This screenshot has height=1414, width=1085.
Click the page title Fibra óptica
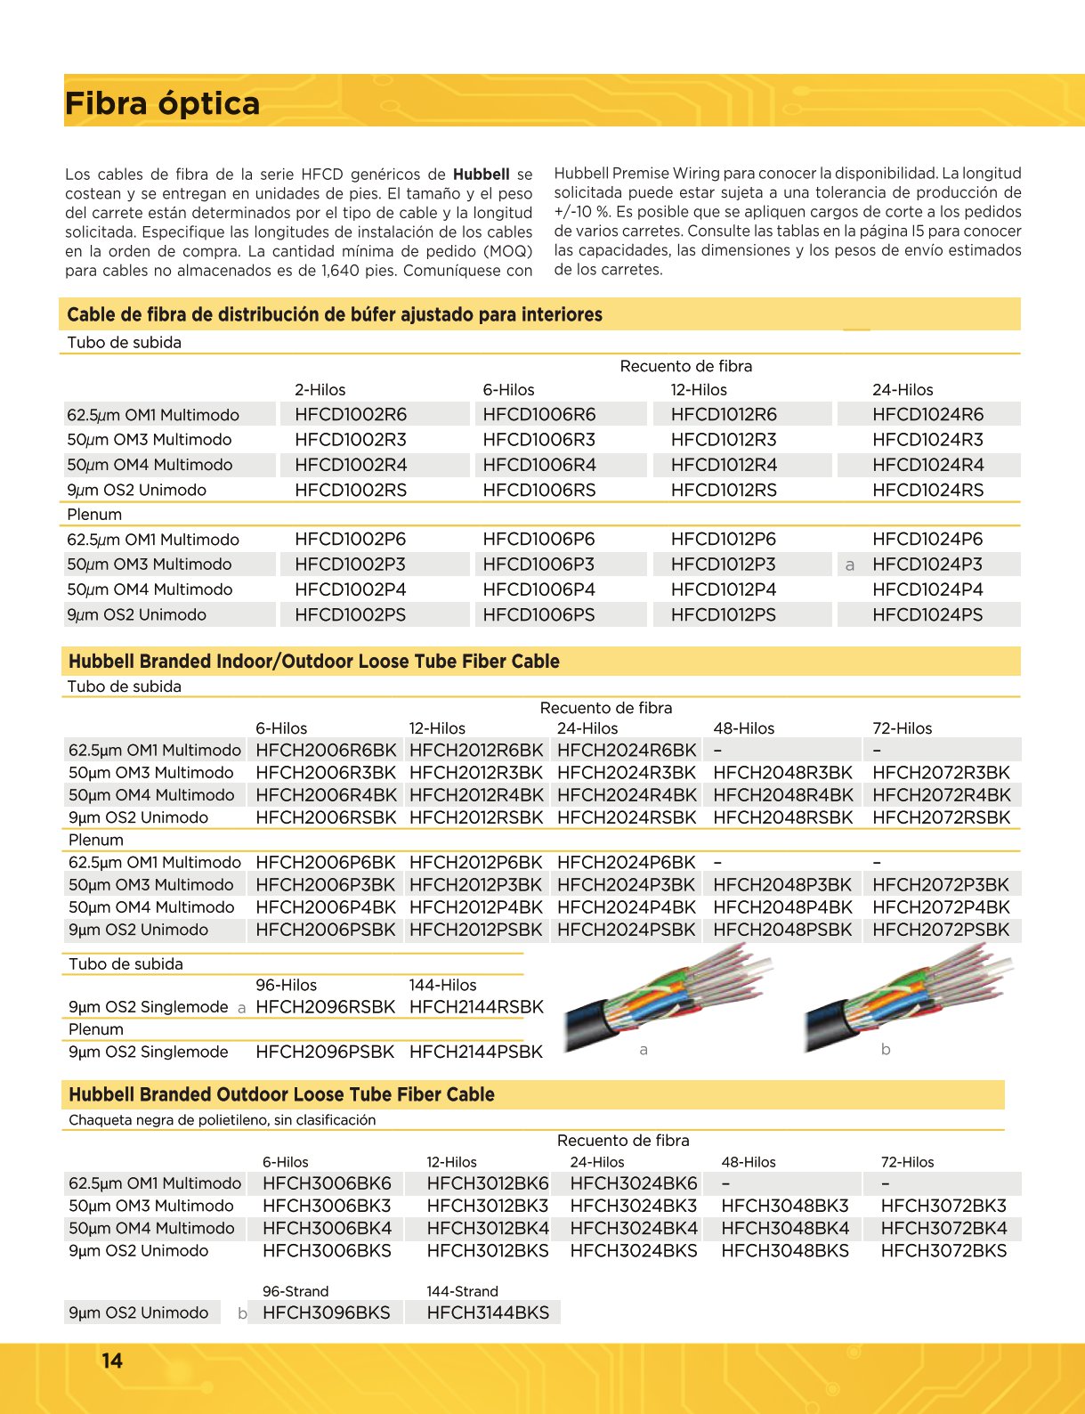(x=162, y=103)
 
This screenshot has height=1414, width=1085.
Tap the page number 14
(x=112, y=1361)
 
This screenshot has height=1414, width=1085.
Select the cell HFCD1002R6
(x=351, y=414)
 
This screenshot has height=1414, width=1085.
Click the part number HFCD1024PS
(x=927, y=614)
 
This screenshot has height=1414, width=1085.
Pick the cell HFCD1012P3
(x=723, y=565)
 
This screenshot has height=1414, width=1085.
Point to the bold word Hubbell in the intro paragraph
(x=481, y=175)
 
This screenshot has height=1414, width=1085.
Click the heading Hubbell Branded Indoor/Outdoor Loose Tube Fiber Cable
(x=313, y=662)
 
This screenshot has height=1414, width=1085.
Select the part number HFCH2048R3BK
(x=782, y=773)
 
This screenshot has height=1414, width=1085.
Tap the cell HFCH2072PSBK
(x=941, y=930)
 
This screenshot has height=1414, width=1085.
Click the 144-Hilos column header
(x=442, y=985)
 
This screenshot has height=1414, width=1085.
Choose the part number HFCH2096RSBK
(x=325, y=1007)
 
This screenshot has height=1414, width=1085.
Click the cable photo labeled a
(x=668, y=1002)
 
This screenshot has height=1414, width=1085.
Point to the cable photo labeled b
(x=908, y=1002)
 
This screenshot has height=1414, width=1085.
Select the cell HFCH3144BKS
(x=488, y=1312)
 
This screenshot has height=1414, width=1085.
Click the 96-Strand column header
(x=296, y=1291)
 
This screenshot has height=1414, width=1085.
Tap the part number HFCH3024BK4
(x=633, y=1228)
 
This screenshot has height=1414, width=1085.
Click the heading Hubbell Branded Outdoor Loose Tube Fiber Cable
(x=281, y=1094)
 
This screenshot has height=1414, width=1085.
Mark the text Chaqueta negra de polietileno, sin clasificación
(x=223, y=1120)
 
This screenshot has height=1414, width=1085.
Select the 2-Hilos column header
(x=320, y=390)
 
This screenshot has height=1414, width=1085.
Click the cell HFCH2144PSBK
(x=475, y=1052)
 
